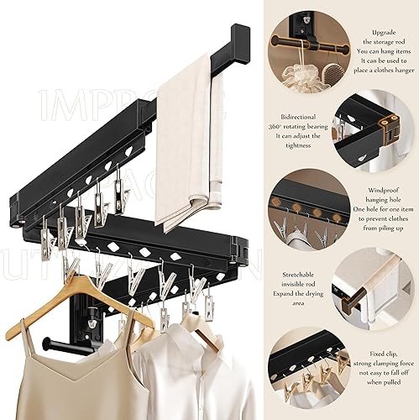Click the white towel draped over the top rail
(186, 143)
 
